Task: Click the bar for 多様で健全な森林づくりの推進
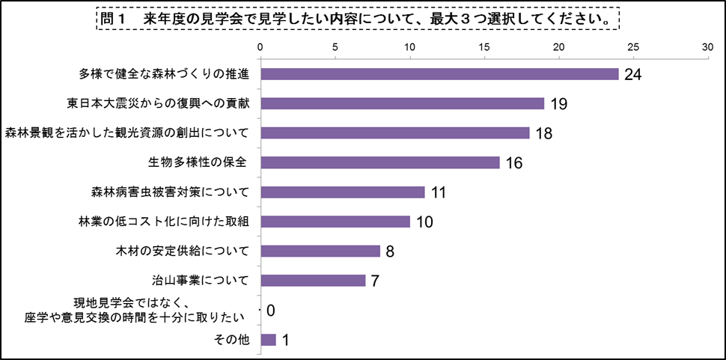(439, 74)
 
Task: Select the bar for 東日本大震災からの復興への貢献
(402, 103)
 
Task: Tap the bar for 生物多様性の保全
(379, 162)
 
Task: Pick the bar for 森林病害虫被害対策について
(342, 192)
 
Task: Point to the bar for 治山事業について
(313, 281)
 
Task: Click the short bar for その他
(268, 340)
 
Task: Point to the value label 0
(271, 311)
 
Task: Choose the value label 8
(390, 251)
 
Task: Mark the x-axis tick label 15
(484, 46)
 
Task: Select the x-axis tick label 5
(335, 46)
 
